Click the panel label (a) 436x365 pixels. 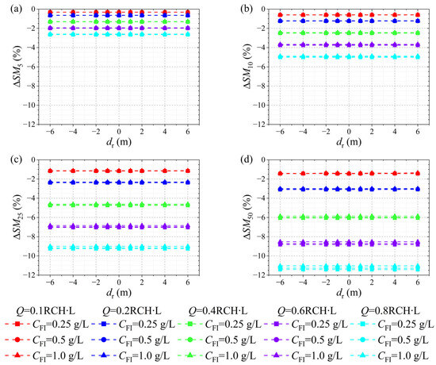(x=16, y=9)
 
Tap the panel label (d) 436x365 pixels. (x=246, y=159)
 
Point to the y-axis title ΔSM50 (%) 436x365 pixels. (x=248, y=217)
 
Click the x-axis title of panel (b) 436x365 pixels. (x=349, y=142)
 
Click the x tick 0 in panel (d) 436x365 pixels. (x=349, y=282)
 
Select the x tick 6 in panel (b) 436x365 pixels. (x=417, y=132)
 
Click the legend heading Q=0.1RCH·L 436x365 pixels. (x=45, y=311)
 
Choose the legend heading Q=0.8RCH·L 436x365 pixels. (x=390, y=311)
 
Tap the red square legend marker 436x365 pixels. (x=17, y=324)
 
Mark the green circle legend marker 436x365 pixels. (x=189, y=340)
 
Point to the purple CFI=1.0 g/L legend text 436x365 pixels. (x=317, y=355)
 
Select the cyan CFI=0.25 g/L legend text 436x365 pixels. (x=406, y=325)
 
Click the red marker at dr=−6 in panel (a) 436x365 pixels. (x=50, y=12)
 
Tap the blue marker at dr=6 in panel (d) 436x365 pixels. (x=417, y=189)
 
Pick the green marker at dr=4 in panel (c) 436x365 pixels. (x=165, y=205)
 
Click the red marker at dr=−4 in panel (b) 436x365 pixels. (x=303, y=15)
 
